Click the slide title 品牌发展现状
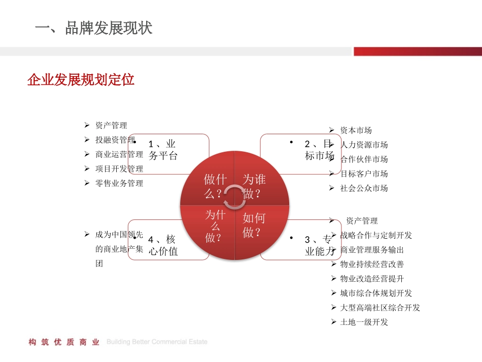click(x=94, y=28)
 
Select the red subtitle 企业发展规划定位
click(x=81, y=80)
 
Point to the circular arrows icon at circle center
click(x=234, y=197)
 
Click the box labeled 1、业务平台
click(x=167, y=150)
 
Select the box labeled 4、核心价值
click(x=167, y=245)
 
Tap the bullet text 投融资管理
click(x=115, y=140)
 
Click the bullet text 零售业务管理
click(x=119, y=183)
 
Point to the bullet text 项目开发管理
click(x=119, y=169)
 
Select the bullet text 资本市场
click(x=356, y=130)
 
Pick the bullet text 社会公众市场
click(x=364, y=188)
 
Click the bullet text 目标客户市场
click(x=364, y=174)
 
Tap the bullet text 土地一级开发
click(x=364, y=322)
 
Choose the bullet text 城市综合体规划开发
click(x=376, y=293)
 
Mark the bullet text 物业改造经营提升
click(x=372, y=279)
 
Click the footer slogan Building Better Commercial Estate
click(x=157, y=342)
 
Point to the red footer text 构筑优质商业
click(x=64, y=342)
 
